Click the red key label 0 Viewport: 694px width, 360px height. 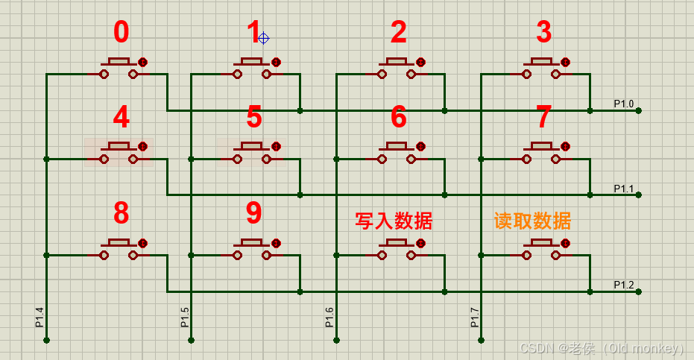click(x=121, y=33)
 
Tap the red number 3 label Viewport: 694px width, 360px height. click(x=544, y=33)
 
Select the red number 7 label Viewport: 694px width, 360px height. click(x=544, y=117)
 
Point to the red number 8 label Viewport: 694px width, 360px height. click(x=121, y=214)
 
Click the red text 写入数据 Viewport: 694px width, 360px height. click(x=394, y=221)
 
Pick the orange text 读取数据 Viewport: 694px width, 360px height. click(x=532, y=221)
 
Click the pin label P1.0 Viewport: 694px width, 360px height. click(x=623, y=104)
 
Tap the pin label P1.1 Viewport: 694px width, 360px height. click(x=623, y=189)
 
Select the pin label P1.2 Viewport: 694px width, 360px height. click(x=623, y=285)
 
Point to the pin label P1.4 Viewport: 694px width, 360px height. click(x=40, y=317)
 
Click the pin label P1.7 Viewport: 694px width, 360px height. click(x=475, y=317)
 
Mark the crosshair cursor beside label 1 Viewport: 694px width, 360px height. click(x=263, y=38)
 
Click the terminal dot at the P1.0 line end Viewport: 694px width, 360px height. click(x=639, y=111)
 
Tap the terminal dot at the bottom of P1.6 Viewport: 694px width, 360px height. click(x=336, y=340)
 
